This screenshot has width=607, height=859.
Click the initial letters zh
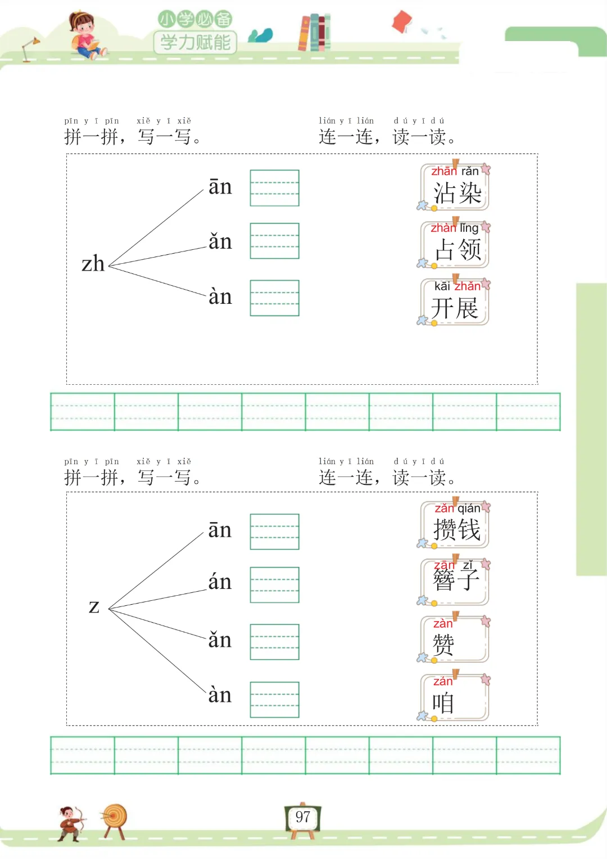click(x=93, y=264)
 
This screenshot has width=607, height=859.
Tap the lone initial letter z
click(x=94, y=607)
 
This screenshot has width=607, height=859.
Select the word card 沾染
click(x=455, y=188)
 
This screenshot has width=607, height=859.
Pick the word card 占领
click(x=455, y=245)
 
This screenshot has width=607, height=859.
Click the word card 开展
click(x=455, y=303)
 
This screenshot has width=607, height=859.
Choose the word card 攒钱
click(x=455, y=525)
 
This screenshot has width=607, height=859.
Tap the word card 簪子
click(x=455, y=582)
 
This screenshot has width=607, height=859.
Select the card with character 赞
click(x=455, y=640)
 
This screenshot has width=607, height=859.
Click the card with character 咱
click(x=455, y=698)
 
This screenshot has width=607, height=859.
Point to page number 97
click(x=303, y=817)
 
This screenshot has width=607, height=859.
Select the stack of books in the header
click(x=315, y=33)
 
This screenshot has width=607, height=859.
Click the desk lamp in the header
click(x=30, y=48)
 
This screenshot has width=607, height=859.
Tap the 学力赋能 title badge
click(x=196, y=42)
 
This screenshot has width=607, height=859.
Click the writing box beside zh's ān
click(x=274, y=188)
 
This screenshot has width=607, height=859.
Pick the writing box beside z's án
click(x=274, y=585)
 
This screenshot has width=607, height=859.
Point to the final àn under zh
click(x=220, y=296)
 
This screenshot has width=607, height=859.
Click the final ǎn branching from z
click(x=220, y=640)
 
